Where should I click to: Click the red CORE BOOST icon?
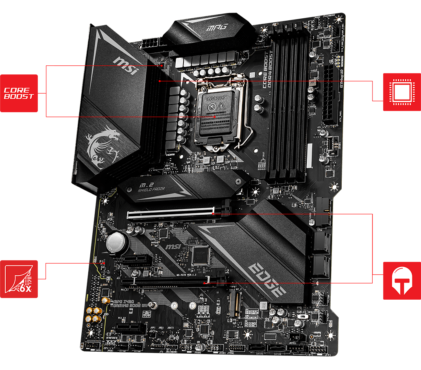coord(19,93)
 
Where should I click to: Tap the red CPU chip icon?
coord(401,92)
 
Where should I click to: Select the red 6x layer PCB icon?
coord(19,279)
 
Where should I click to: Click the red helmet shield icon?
coord(401,281)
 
